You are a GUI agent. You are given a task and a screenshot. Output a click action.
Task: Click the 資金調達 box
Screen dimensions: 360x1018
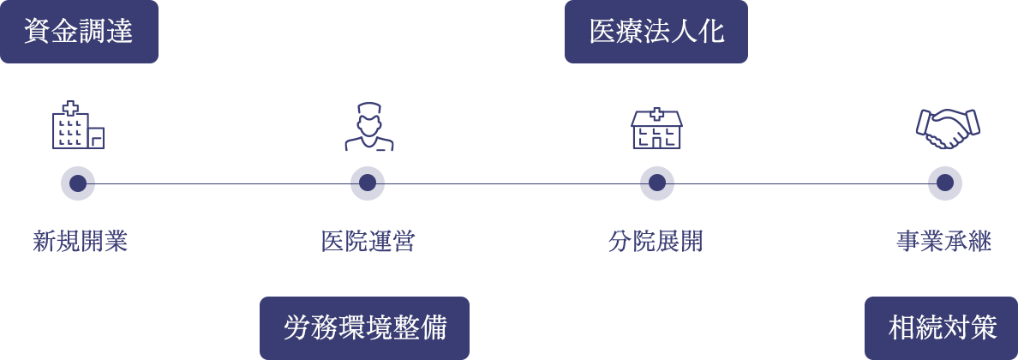click(x=79, y=32)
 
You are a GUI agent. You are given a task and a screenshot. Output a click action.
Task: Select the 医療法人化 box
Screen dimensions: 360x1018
click(x=656, y=32)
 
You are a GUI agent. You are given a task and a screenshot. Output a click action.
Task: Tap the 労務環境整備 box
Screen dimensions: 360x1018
click(x=364, y=327)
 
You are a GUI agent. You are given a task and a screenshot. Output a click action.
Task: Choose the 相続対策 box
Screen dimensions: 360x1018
click(x=942, y=327)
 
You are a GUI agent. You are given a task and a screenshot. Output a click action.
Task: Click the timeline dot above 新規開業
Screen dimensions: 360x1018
click(x=78, y=183)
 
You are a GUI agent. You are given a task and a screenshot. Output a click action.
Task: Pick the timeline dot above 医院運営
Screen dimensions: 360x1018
click(x=368, y=183)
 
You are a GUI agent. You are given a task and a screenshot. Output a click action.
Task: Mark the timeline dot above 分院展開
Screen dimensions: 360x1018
click(x=657, y=183)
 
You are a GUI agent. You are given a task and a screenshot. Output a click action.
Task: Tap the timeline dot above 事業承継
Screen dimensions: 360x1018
click(x=945, y=183)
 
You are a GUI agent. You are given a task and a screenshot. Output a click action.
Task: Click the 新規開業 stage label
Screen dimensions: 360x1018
click(x=80, y=242)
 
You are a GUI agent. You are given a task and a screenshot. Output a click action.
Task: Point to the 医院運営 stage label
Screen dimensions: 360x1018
click(x=368, y=242)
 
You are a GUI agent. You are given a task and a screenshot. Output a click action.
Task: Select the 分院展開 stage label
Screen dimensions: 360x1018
click(x=656, y=242)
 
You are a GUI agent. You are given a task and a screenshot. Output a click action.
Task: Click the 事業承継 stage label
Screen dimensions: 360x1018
click(x=943, y=242)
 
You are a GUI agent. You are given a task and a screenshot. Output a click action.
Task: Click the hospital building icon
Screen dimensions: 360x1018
click(x=77, y=126)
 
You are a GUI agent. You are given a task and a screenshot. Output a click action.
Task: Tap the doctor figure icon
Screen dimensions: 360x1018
click(x=368, y=127)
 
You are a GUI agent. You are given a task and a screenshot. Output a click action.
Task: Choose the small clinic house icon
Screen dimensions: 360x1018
click(x=656, y=129)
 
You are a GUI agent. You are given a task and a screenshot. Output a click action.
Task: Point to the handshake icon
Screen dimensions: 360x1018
click(x=947, y=128)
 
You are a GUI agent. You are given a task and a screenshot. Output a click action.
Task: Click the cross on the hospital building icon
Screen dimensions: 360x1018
click(x=68, y=109)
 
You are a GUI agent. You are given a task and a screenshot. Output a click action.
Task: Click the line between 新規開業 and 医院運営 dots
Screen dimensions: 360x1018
click(x=223, y=183)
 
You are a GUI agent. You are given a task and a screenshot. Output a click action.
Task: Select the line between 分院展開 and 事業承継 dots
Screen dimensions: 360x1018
click(x=801, y=183)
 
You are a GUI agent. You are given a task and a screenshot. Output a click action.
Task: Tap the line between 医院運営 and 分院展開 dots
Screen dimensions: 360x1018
click(x=512, y=183)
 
